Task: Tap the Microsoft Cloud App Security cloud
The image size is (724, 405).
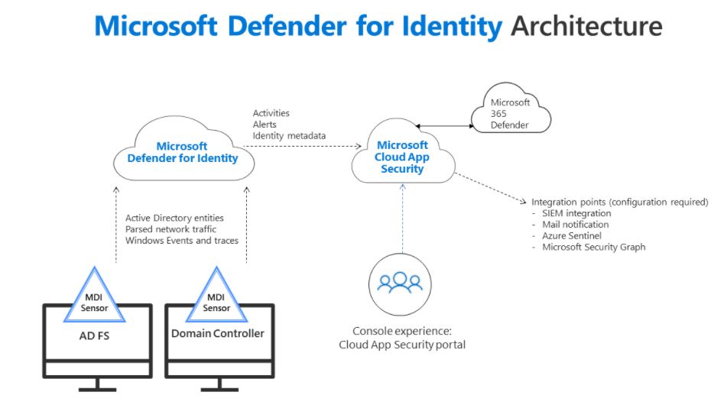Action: pos(403,157)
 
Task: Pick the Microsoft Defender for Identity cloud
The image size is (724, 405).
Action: pos(182,152)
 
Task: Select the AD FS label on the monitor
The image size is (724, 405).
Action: pos(94,334)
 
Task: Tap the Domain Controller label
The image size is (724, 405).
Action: pos(218,333)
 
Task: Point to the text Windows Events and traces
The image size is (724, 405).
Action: pos(182,241)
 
